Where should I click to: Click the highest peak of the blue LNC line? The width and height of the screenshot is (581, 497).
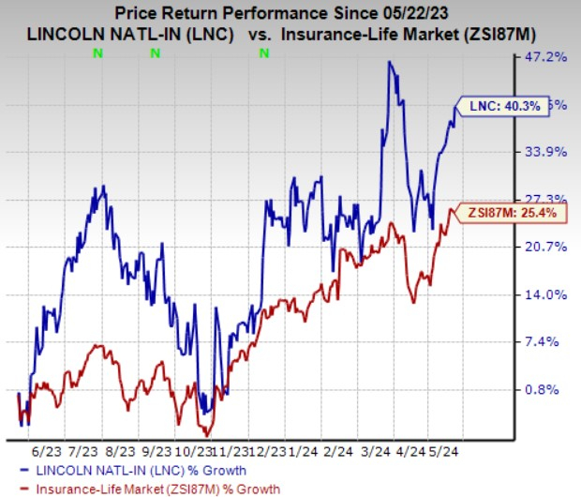click(x=389, y=62)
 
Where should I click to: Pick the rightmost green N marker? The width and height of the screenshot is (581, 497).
click(x=263, y=53)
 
